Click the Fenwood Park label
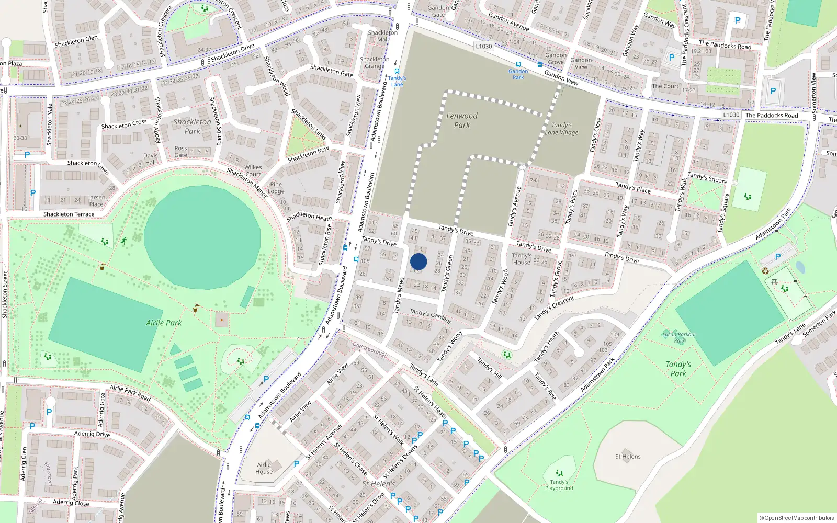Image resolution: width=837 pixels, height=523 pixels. point(462,120)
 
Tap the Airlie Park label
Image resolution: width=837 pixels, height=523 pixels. point(164,323)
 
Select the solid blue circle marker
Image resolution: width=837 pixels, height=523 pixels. point(418,261)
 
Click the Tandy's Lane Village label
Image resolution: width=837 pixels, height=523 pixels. point(561,129)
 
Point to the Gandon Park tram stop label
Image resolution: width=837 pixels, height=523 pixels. point(518,74)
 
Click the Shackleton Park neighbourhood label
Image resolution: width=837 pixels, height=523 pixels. point(192,126)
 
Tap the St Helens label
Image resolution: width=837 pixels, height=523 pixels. point(628,457)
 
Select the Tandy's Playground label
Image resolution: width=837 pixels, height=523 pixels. point(559,485)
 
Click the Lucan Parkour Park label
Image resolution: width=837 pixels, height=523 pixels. point(679,337)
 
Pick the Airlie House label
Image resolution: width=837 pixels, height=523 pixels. point(264,468)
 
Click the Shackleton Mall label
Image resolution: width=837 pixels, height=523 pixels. point(383,36)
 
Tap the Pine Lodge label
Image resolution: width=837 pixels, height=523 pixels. point(276,188)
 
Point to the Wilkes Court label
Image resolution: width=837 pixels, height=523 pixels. point(253,171)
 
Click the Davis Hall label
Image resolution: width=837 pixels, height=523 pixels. point(150,159)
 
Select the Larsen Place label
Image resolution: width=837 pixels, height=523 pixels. point(96,201)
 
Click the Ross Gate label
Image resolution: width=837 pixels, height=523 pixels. point(180,152)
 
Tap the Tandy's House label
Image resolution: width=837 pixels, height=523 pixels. point(522,259)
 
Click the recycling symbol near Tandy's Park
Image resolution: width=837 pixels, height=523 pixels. point(765,271)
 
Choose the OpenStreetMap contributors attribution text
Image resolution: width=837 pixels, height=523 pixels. point(797,518)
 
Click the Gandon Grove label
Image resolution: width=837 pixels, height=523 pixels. point(556,59)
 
